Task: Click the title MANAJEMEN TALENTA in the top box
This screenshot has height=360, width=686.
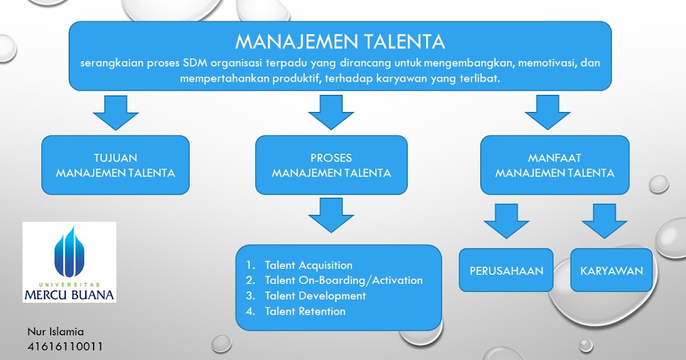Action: click(x=340, y=42)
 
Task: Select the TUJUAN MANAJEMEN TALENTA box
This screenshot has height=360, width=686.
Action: click(x=115, y=165)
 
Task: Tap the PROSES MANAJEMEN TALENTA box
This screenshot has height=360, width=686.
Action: click(x=331, y=165)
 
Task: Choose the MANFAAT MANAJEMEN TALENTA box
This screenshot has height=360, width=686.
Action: click(x=555, y=165)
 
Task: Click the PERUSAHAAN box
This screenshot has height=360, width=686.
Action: click(x=506, y=271)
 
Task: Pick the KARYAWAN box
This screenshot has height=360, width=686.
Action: click(x=611, y=271)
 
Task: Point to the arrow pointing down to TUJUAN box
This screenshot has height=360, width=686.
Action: click(x=116, y=112)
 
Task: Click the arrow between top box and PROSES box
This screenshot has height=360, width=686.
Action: click(x=331, y=112)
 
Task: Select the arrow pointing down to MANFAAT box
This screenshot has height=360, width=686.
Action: click(x=547, y=112)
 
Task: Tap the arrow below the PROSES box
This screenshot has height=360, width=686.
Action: click(x=331, y=214)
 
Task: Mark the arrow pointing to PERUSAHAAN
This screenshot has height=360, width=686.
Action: click(x=506, y=221)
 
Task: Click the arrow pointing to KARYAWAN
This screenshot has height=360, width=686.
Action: click(x=605, y=221)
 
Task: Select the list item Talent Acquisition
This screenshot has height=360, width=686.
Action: click(x=308, y=265)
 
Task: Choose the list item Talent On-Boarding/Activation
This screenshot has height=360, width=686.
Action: click(x=343, y=281)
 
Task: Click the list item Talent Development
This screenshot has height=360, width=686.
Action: click(x=315, y=296)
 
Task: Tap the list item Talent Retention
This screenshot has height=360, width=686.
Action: click(x=305, y=311)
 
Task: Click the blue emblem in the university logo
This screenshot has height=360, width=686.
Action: click(x=69, y=252)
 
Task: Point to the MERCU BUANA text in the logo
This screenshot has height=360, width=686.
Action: click(x=69, y=294)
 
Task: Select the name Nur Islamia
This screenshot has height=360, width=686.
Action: click(x=55, y=331)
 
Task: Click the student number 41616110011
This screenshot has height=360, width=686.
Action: click(x=65, y=346)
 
